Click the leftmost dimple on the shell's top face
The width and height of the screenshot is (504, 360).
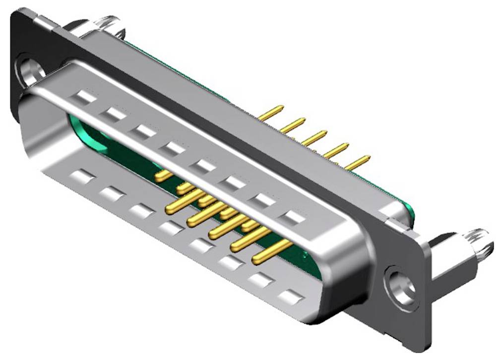point(86,97)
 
